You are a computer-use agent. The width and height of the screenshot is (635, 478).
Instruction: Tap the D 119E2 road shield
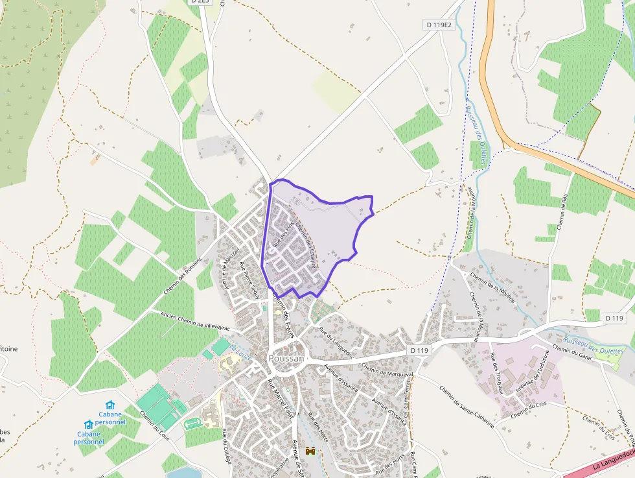pyautogui.click(x=439, y=25)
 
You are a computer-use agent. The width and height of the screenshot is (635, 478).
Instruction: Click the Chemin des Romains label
pyautogui.click(x=183, y=276)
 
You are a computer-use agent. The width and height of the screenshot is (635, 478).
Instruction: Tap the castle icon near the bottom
pyautogui.click(x=310, y=451)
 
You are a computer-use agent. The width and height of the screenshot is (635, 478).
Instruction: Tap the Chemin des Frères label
pyautogui.click(x=283, y=313)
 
